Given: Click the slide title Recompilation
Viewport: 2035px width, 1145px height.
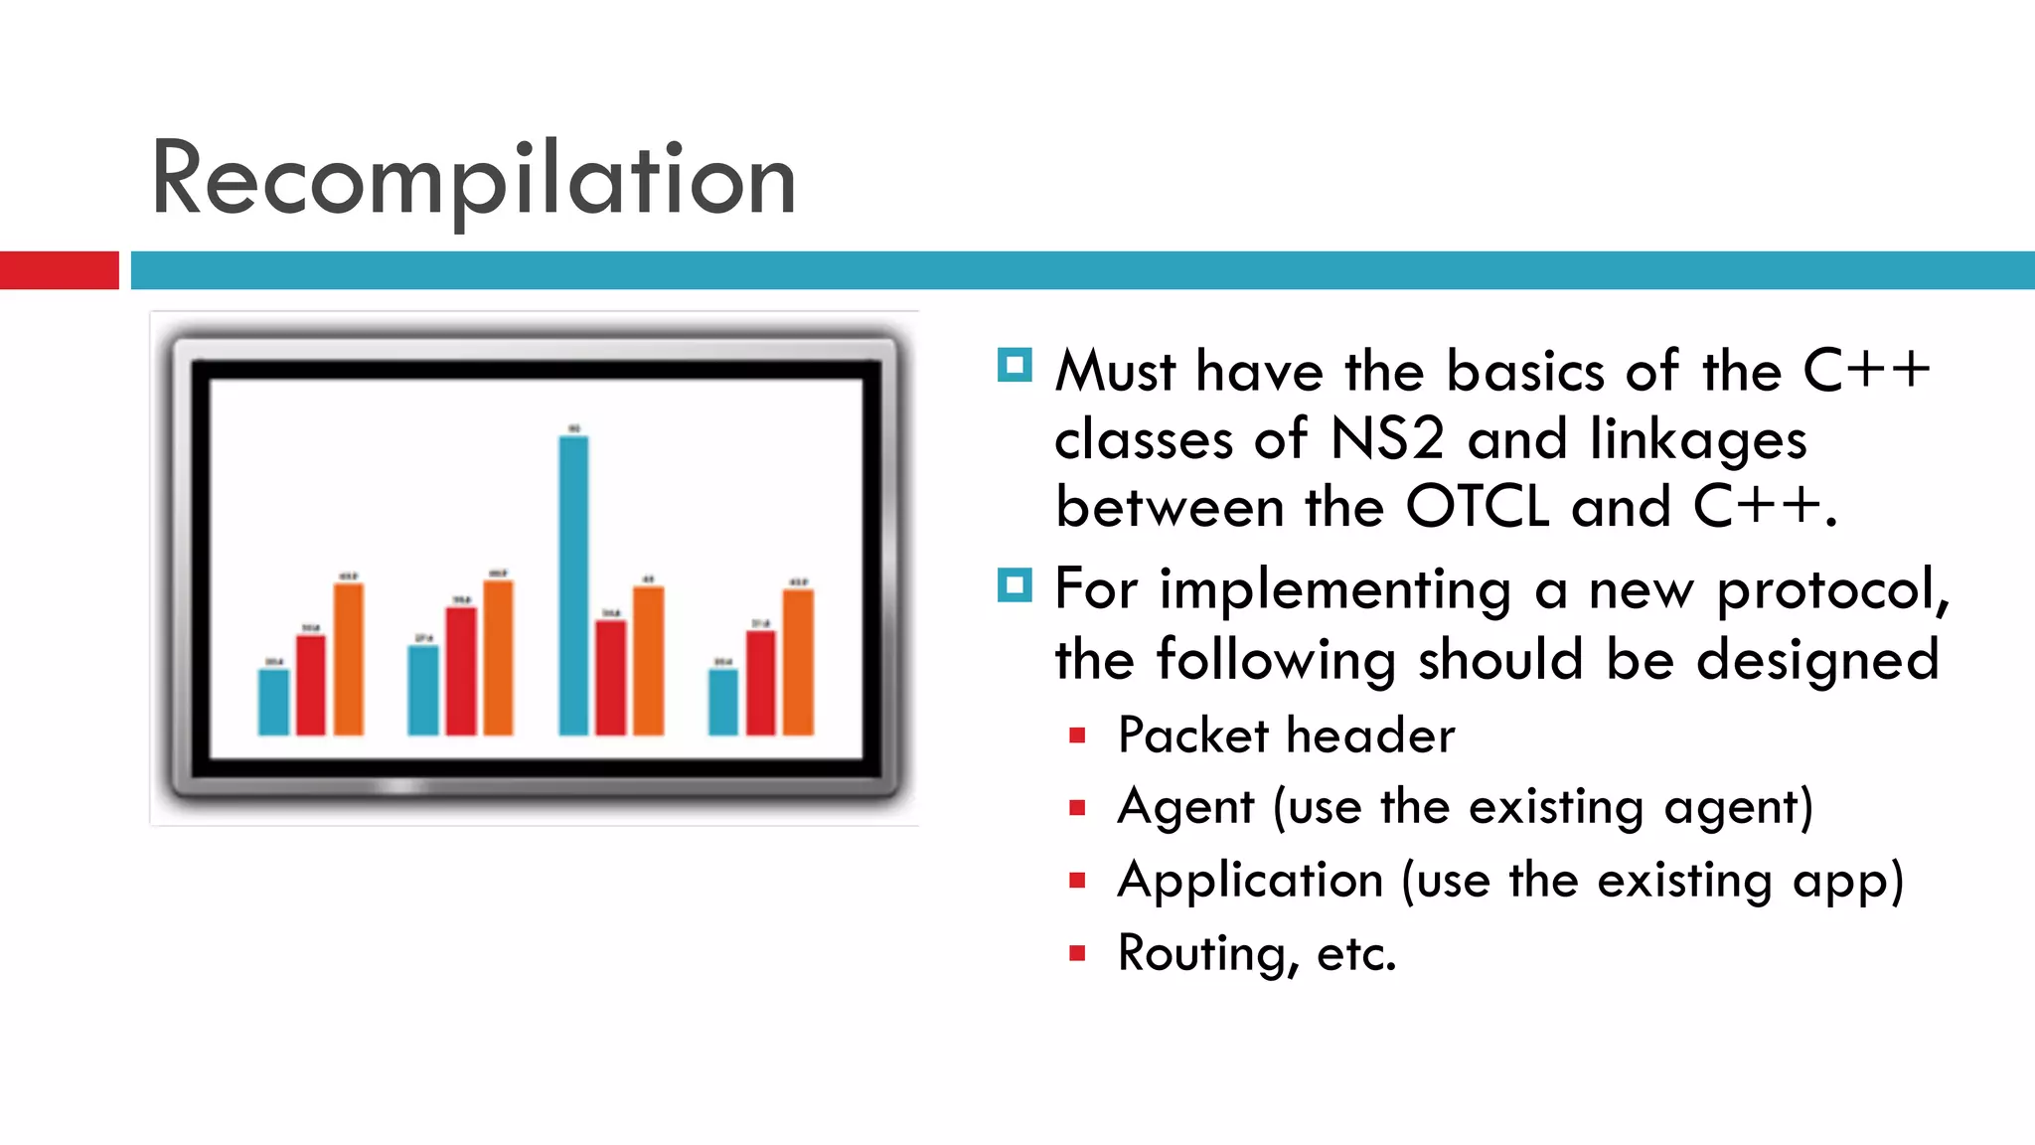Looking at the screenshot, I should tap(473, 179).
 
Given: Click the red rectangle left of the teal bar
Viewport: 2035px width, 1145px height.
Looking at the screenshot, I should tap(59, 270).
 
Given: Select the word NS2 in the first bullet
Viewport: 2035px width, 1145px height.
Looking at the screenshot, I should tap(1386, 438).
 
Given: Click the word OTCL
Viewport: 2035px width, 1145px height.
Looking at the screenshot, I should tap(1478, 507).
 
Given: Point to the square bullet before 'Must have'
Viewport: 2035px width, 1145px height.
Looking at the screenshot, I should tap(1015, 366).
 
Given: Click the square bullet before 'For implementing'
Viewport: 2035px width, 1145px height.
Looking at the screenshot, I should tap(1015, 585).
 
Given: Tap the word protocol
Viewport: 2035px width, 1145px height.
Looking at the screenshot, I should tap(1833, 590).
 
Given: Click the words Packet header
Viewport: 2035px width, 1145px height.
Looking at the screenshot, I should tap(1286, 736).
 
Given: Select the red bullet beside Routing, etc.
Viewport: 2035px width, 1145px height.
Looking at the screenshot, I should tap(1077, 954).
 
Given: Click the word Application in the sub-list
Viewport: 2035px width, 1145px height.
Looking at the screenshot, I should tap(1250, 881).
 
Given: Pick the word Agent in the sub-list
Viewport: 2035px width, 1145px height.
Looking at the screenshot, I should tap(1185, 807).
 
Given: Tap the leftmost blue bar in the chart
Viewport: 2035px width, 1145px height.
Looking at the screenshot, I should tap(273, 702).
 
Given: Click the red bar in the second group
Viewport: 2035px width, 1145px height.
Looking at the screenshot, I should tap(461, 671).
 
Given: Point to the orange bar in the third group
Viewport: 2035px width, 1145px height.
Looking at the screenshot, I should tap(648, 661).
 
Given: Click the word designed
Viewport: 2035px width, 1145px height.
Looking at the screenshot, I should tap(1817, 660).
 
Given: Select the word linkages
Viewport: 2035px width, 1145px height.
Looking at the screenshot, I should tap(1697, 440).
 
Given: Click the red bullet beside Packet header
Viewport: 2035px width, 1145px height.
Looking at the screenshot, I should tap(1077, 736).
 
